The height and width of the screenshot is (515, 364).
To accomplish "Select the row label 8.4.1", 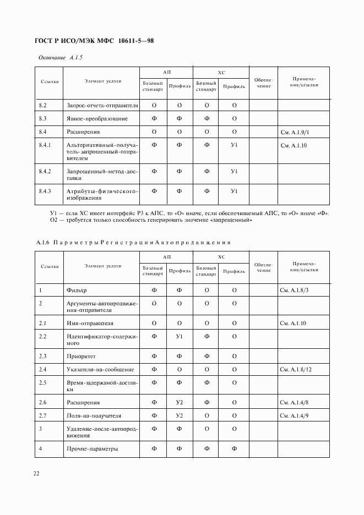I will coord(45,145).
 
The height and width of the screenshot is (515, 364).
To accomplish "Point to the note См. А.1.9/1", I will coord(295,132).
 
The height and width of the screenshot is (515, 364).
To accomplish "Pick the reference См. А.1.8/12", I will coord(296,369).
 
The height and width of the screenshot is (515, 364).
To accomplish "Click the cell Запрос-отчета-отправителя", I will coord(102,105).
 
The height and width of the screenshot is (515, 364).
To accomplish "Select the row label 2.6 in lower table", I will coord(42,403).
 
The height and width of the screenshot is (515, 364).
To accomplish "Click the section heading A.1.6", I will coord(42,242).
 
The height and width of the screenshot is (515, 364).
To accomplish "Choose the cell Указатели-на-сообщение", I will coord(100,369).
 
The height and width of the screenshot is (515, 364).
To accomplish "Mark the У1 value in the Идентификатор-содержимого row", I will coord(179,336).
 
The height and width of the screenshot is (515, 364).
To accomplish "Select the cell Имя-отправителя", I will coord(90,323).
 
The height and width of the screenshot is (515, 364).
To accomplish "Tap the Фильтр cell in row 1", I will coord(77,290).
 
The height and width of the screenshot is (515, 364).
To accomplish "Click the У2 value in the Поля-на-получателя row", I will coord(179,416).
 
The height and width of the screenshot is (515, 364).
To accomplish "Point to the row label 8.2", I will coord(42,105).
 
